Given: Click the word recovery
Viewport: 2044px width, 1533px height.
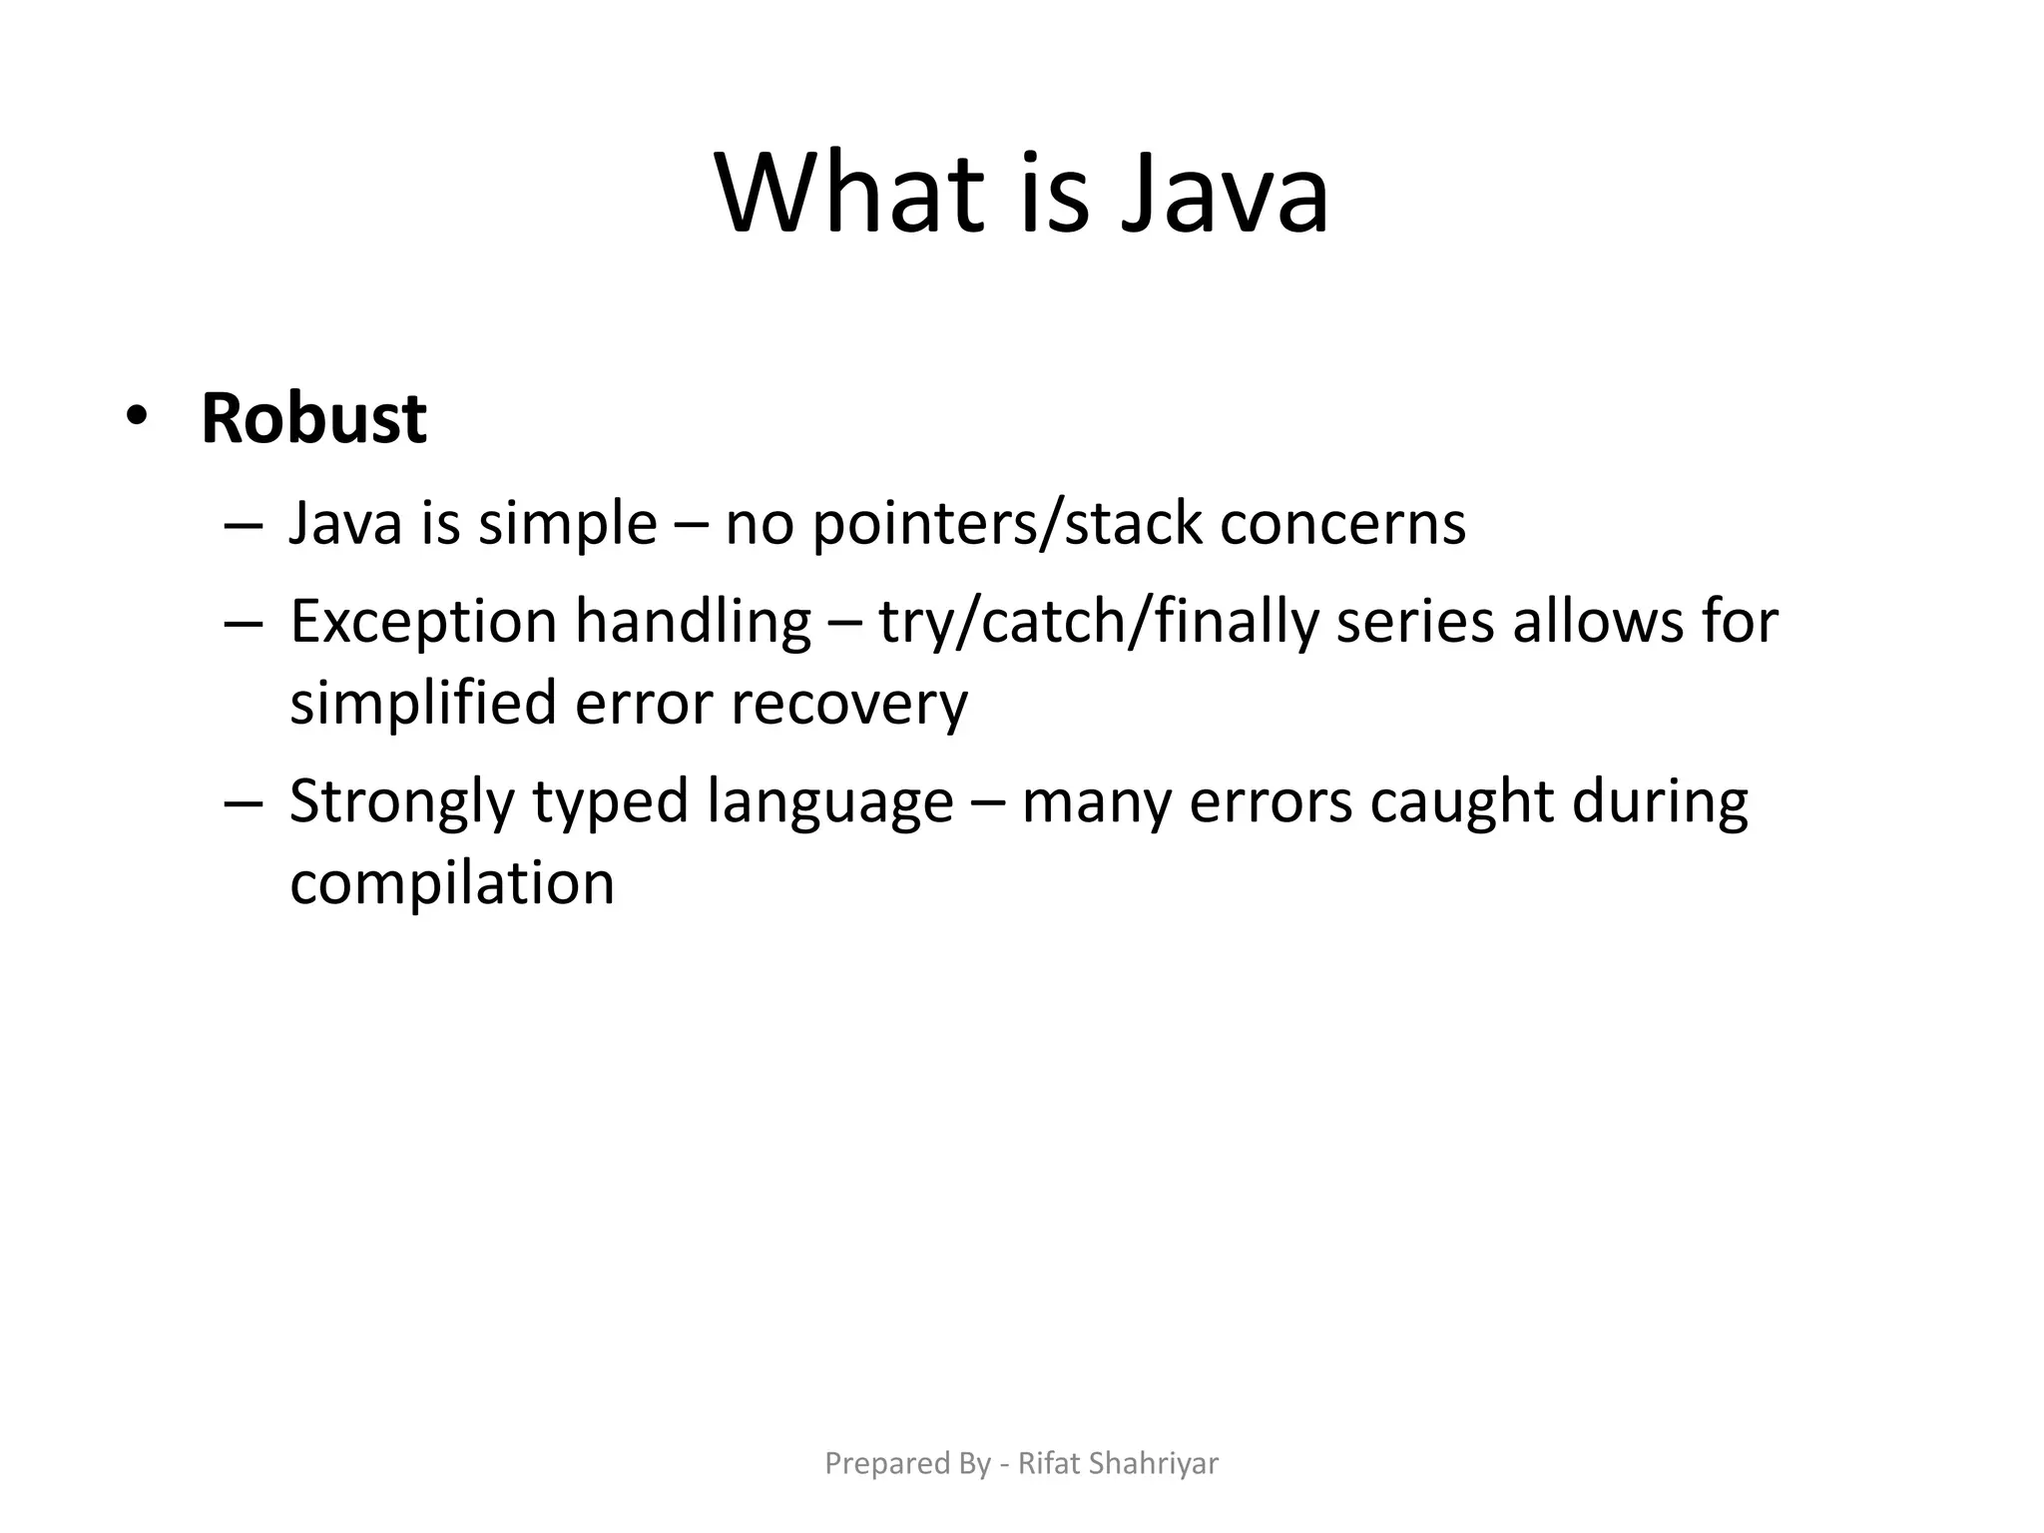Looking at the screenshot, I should pyautogui.click(x=849, y=704).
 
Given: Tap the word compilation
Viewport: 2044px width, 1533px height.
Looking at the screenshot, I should pyautogui.click(x=452, y=883).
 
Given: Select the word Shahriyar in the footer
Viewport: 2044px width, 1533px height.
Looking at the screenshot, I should pyautogui.click(x=1154, y=1463).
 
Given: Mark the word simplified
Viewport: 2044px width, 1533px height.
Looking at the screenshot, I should pyautogui.click(x=423, y=704).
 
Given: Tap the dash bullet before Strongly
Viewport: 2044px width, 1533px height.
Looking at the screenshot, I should pyautogui.click(x=244, y=803).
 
